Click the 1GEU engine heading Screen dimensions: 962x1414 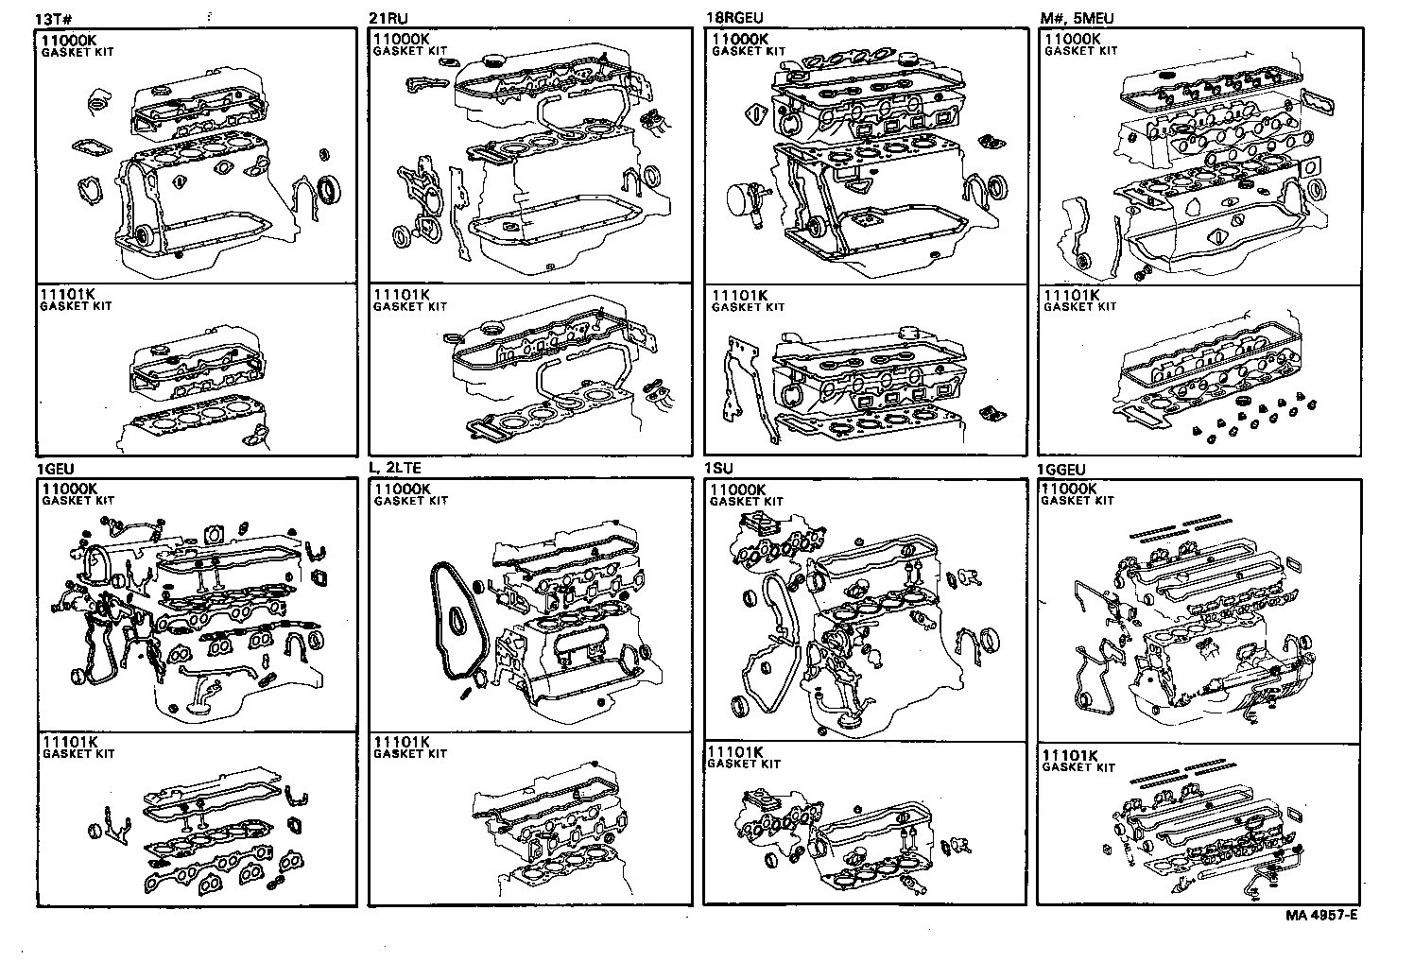tap(55, 470)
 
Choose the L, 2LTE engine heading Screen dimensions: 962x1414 tap(395, 470)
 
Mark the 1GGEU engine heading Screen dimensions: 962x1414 tap(1060, 470)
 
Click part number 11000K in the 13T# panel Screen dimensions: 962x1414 tap(69, 41)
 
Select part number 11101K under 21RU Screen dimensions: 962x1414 tap(403, 295)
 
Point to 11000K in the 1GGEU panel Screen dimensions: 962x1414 tap(1069, 489)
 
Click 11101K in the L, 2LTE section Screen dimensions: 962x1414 tap(403, 742)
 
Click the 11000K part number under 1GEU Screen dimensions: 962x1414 tap(69, 489)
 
